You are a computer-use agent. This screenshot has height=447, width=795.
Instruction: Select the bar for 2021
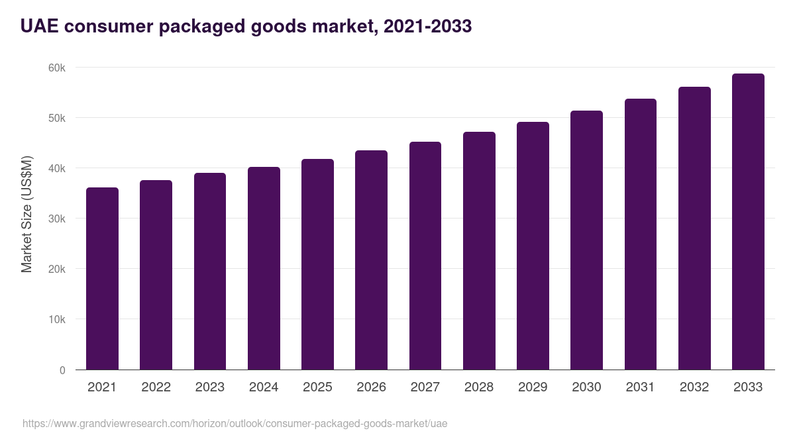[x=102, y=278]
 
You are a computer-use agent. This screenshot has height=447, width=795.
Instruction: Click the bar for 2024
[x=264, y=268]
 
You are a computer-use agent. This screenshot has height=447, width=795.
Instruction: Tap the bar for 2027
[x=425, y=256]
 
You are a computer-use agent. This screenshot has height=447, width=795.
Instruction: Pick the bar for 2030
[x=586, y=240]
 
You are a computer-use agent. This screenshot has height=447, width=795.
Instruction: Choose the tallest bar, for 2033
[x=748, y=221]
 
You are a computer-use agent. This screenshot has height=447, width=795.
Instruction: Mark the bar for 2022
[x=156, y=275]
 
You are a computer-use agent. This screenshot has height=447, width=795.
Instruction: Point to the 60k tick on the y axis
[x=56, y=68]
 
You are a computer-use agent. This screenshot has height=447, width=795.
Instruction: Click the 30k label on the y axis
[x=56, y=219]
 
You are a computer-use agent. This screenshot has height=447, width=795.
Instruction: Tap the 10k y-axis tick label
[x=56, y=320]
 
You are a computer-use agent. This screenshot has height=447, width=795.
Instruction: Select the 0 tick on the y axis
[x=62, y=370]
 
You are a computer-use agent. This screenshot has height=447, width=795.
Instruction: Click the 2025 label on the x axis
[x=317, y=387]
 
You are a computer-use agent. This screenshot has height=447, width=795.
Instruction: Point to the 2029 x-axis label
[x=533, y=387]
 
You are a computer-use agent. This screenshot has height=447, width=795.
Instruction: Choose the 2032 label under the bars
[x=694, y=387]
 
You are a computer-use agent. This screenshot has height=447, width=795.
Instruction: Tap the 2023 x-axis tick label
[x=209, y=387]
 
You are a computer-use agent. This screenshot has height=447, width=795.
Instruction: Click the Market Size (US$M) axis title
[x=26, y=214]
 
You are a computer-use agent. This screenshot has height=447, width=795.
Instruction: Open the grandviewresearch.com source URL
[x=235, y=423]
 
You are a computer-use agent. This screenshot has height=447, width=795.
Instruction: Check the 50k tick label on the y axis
[x=56, y=119]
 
